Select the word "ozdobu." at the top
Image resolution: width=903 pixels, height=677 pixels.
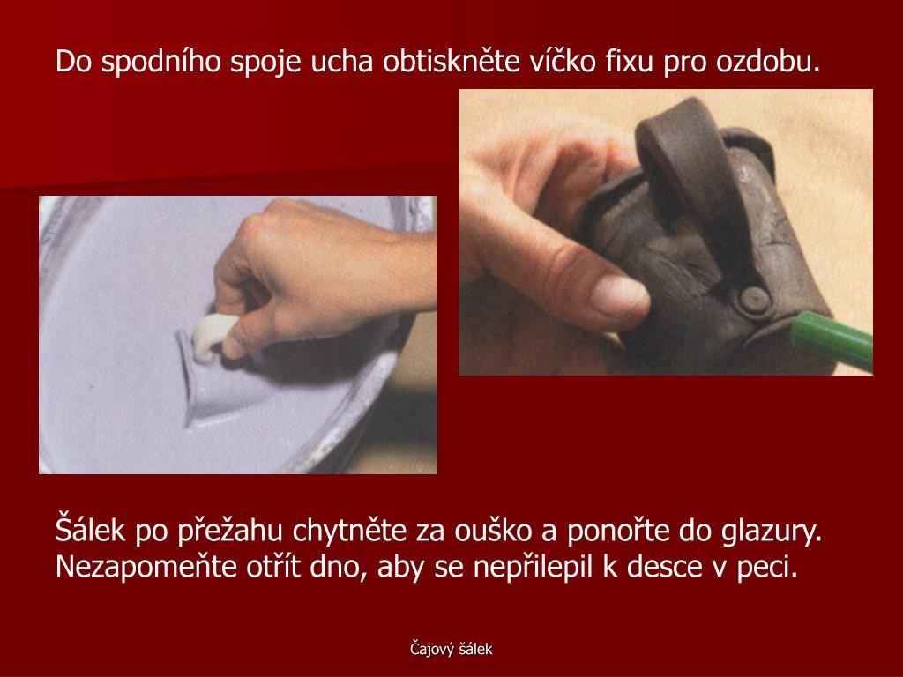768,61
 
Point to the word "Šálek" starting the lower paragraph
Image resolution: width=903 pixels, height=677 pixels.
90,530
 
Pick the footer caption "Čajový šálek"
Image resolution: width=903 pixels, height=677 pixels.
451,650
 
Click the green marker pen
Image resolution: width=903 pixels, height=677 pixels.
832,339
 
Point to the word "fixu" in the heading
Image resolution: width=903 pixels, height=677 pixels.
629,61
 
